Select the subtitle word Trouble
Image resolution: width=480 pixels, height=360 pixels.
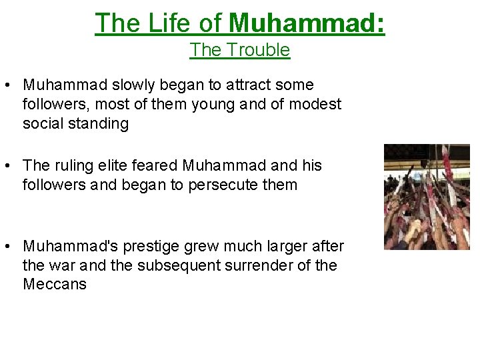258,50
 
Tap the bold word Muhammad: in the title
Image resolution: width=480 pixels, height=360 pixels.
307,23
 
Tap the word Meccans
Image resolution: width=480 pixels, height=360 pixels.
55,285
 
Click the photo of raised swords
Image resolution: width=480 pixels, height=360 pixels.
427,197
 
